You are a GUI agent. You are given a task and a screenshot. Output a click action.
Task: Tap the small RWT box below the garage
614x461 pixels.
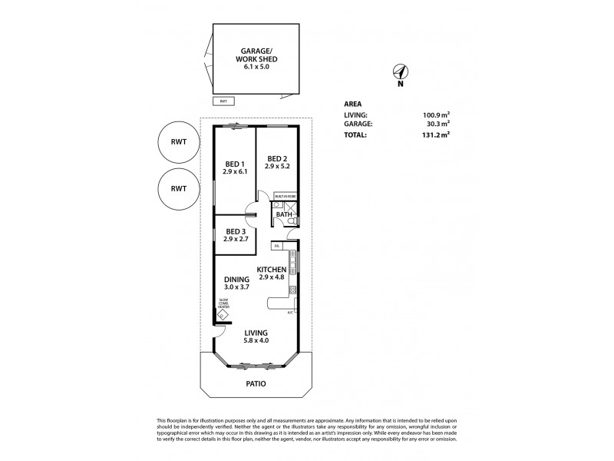pos(223,101)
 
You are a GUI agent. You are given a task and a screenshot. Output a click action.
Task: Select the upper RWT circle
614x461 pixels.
pos(178,142)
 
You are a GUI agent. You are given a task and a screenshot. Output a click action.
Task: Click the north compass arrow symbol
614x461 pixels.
pos(400,73)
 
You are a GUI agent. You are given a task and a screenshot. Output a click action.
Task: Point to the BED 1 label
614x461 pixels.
pos(235,163)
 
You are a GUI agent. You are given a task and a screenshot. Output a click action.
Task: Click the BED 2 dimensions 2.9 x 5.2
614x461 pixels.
pos(277,166)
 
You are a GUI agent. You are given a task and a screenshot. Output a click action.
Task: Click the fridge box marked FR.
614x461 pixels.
pos(276,246)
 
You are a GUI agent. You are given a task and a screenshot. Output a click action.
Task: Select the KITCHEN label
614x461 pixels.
pos(272,269)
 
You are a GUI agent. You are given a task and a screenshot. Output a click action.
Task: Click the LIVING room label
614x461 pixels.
pos(256,333)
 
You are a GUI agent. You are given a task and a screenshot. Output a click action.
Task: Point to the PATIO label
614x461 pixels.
pos(256,383)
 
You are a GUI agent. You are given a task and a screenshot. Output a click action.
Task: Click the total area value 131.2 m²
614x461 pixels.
pos(434,134)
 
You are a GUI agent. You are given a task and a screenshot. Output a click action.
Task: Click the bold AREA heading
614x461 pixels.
pos(353,103)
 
